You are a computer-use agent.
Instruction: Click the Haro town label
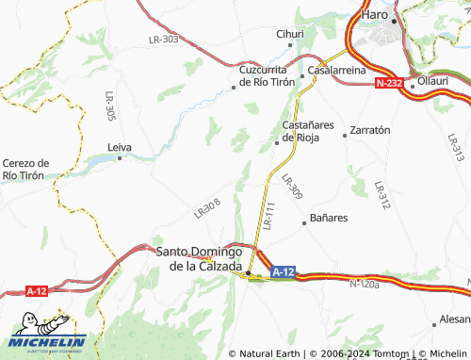[376, 16]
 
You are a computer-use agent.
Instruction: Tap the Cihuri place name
[289, 34]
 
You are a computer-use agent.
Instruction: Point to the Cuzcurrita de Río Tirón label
[267, 75]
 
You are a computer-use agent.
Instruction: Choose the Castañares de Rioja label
[301, 131]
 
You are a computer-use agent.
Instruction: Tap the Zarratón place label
[369, 131]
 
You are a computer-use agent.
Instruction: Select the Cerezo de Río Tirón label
[24, 169]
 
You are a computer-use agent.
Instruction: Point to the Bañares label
[329, 218]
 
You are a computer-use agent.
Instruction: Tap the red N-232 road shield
[389, 84]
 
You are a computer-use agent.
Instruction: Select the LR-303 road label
[163, 40]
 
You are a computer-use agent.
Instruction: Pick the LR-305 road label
[110, 109]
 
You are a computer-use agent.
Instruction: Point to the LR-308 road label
[207, 209]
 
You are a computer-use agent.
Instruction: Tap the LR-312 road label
[381, 195]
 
